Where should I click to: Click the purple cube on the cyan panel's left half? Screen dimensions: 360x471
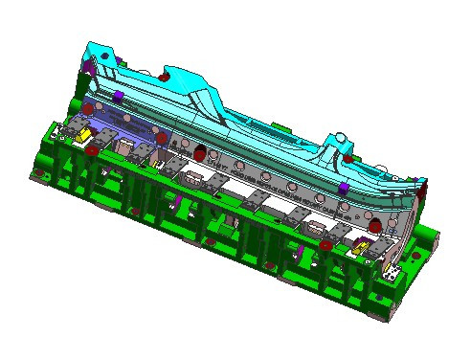tap(118, 96)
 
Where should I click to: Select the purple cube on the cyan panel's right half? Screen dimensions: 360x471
tap(342, 186)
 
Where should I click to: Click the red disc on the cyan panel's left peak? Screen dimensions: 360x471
tap(165, 76)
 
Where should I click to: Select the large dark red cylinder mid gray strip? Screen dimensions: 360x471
tap(199, 154)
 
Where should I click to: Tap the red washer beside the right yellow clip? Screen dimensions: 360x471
tap(326, 245)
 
